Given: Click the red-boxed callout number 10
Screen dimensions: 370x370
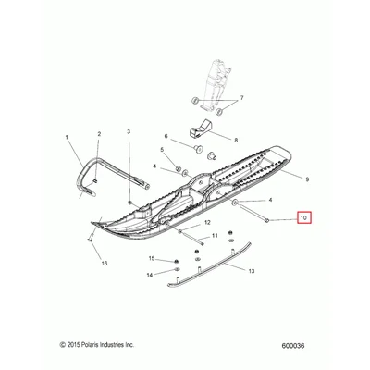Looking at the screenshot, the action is (x=304, y=218).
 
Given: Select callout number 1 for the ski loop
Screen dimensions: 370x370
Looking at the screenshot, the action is (x=67, y=137).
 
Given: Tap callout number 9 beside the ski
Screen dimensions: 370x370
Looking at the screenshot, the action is (x=306, y=179).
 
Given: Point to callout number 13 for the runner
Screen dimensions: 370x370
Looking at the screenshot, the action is (x=252, y=271).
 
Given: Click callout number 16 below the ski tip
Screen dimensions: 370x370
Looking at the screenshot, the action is (x=105, y=263).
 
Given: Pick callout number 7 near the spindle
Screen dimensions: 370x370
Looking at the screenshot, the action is (x=241, y=98).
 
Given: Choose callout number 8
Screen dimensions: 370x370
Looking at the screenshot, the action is (x=236, y=140).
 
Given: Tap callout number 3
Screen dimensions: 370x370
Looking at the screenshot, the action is (x=129, y=131).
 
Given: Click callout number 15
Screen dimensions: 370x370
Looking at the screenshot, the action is (x=152, y=258).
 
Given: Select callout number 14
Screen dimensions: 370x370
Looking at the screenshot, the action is (x=150, y=275).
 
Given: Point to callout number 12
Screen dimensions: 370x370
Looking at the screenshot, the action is (x=207, y=222).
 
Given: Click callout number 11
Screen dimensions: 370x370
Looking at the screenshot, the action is (x=215, y=236).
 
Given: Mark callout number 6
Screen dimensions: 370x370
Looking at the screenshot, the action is (x=166, y=136).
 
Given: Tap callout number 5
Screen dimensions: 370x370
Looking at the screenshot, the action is (x=162, y=150).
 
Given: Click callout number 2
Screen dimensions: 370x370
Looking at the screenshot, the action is (x=99, y=134).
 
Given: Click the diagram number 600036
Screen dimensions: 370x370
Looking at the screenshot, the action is (x=293, y=346).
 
